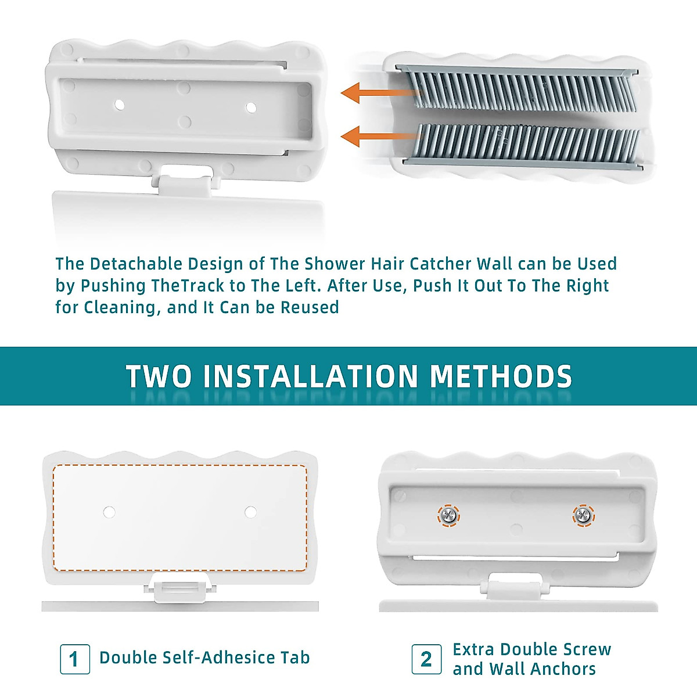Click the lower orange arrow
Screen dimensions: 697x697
tap(378, 137)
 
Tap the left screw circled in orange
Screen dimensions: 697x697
tap(448, 515)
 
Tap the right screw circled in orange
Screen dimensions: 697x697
tap(583, 515)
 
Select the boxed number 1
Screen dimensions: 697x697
tap(75, 659)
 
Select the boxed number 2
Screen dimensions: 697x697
tap(426, 659)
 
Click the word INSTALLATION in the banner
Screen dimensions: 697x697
tap(311, 376)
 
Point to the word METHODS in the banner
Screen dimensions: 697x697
tap(501, 376)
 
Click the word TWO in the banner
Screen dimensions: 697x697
tap(159, 376)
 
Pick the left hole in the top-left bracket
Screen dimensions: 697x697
tap(119, 105)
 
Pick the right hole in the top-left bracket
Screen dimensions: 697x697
tap(251, 107)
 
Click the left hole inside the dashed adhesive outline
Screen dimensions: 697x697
tap(109, 512)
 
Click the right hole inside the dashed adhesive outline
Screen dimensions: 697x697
tap(250, 512)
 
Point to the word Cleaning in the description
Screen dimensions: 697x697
tap(120, 307)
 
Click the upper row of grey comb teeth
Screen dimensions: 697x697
tap(517, 90)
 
